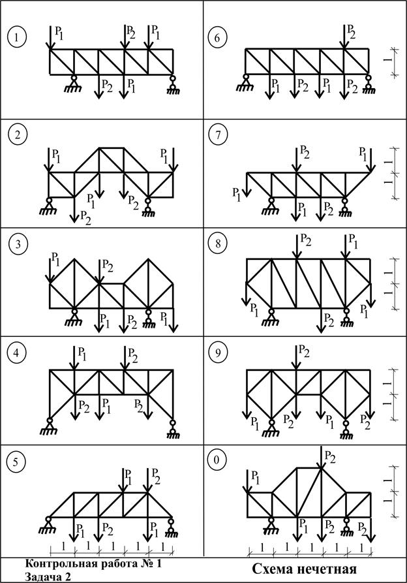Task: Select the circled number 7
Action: click(x=217, y=135)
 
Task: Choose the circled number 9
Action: click(x=217, y=353)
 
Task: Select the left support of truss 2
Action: click(x=50, y=205)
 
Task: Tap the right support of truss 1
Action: click(x=173, y=82)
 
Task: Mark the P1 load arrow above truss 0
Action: click(x=248, y=481)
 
